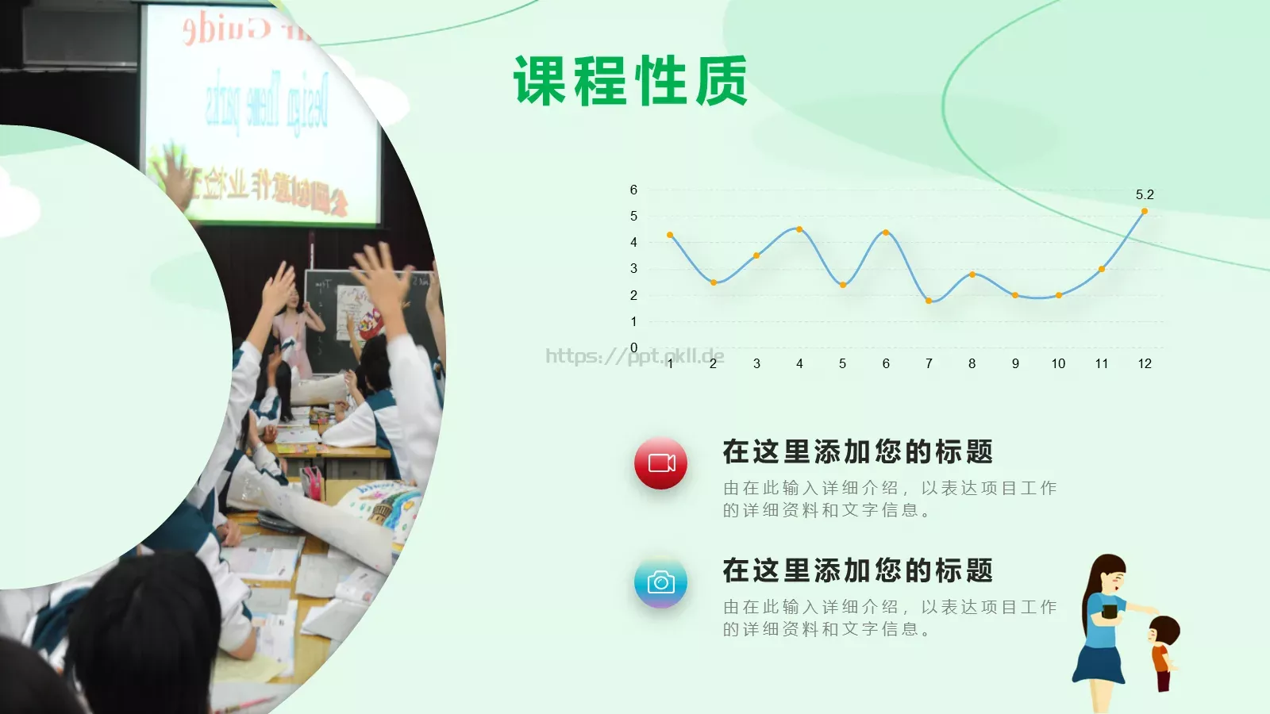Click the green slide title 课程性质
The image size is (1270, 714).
tap(630, 81)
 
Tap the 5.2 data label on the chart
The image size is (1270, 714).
tap(1145, 194)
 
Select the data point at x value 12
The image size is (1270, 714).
tap(1145, 211)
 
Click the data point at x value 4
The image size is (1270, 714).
tap(799, 229)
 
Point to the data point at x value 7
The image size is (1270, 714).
tap(929, 301)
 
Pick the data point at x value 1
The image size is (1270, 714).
tap(670, 235)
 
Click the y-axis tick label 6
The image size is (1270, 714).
tap(633, 190)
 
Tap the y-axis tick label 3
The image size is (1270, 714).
tap(633, 269)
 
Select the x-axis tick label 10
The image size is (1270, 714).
tap(1058, 363)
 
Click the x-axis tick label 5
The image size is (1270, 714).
tap(842, 363)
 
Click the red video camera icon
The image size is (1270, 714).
tap(660, 463)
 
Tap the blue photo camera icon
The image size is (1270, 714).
tap(660, 582)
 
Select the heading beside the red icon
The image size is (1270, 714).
tap(857, 451)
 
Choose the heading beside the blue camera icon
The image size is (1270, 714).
tap(857, 570)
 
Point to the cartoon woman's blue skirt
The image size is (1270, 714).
tap(1099, 663)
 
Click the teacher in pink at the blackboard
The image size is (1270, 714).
tap(290, 325)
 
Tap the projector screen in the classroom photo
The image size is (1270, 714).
tap(262, 111)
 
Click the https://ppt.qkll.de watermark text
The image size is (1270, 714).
tap(634, 356)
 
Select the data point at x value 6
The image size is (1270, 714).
tap(886, 232)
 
